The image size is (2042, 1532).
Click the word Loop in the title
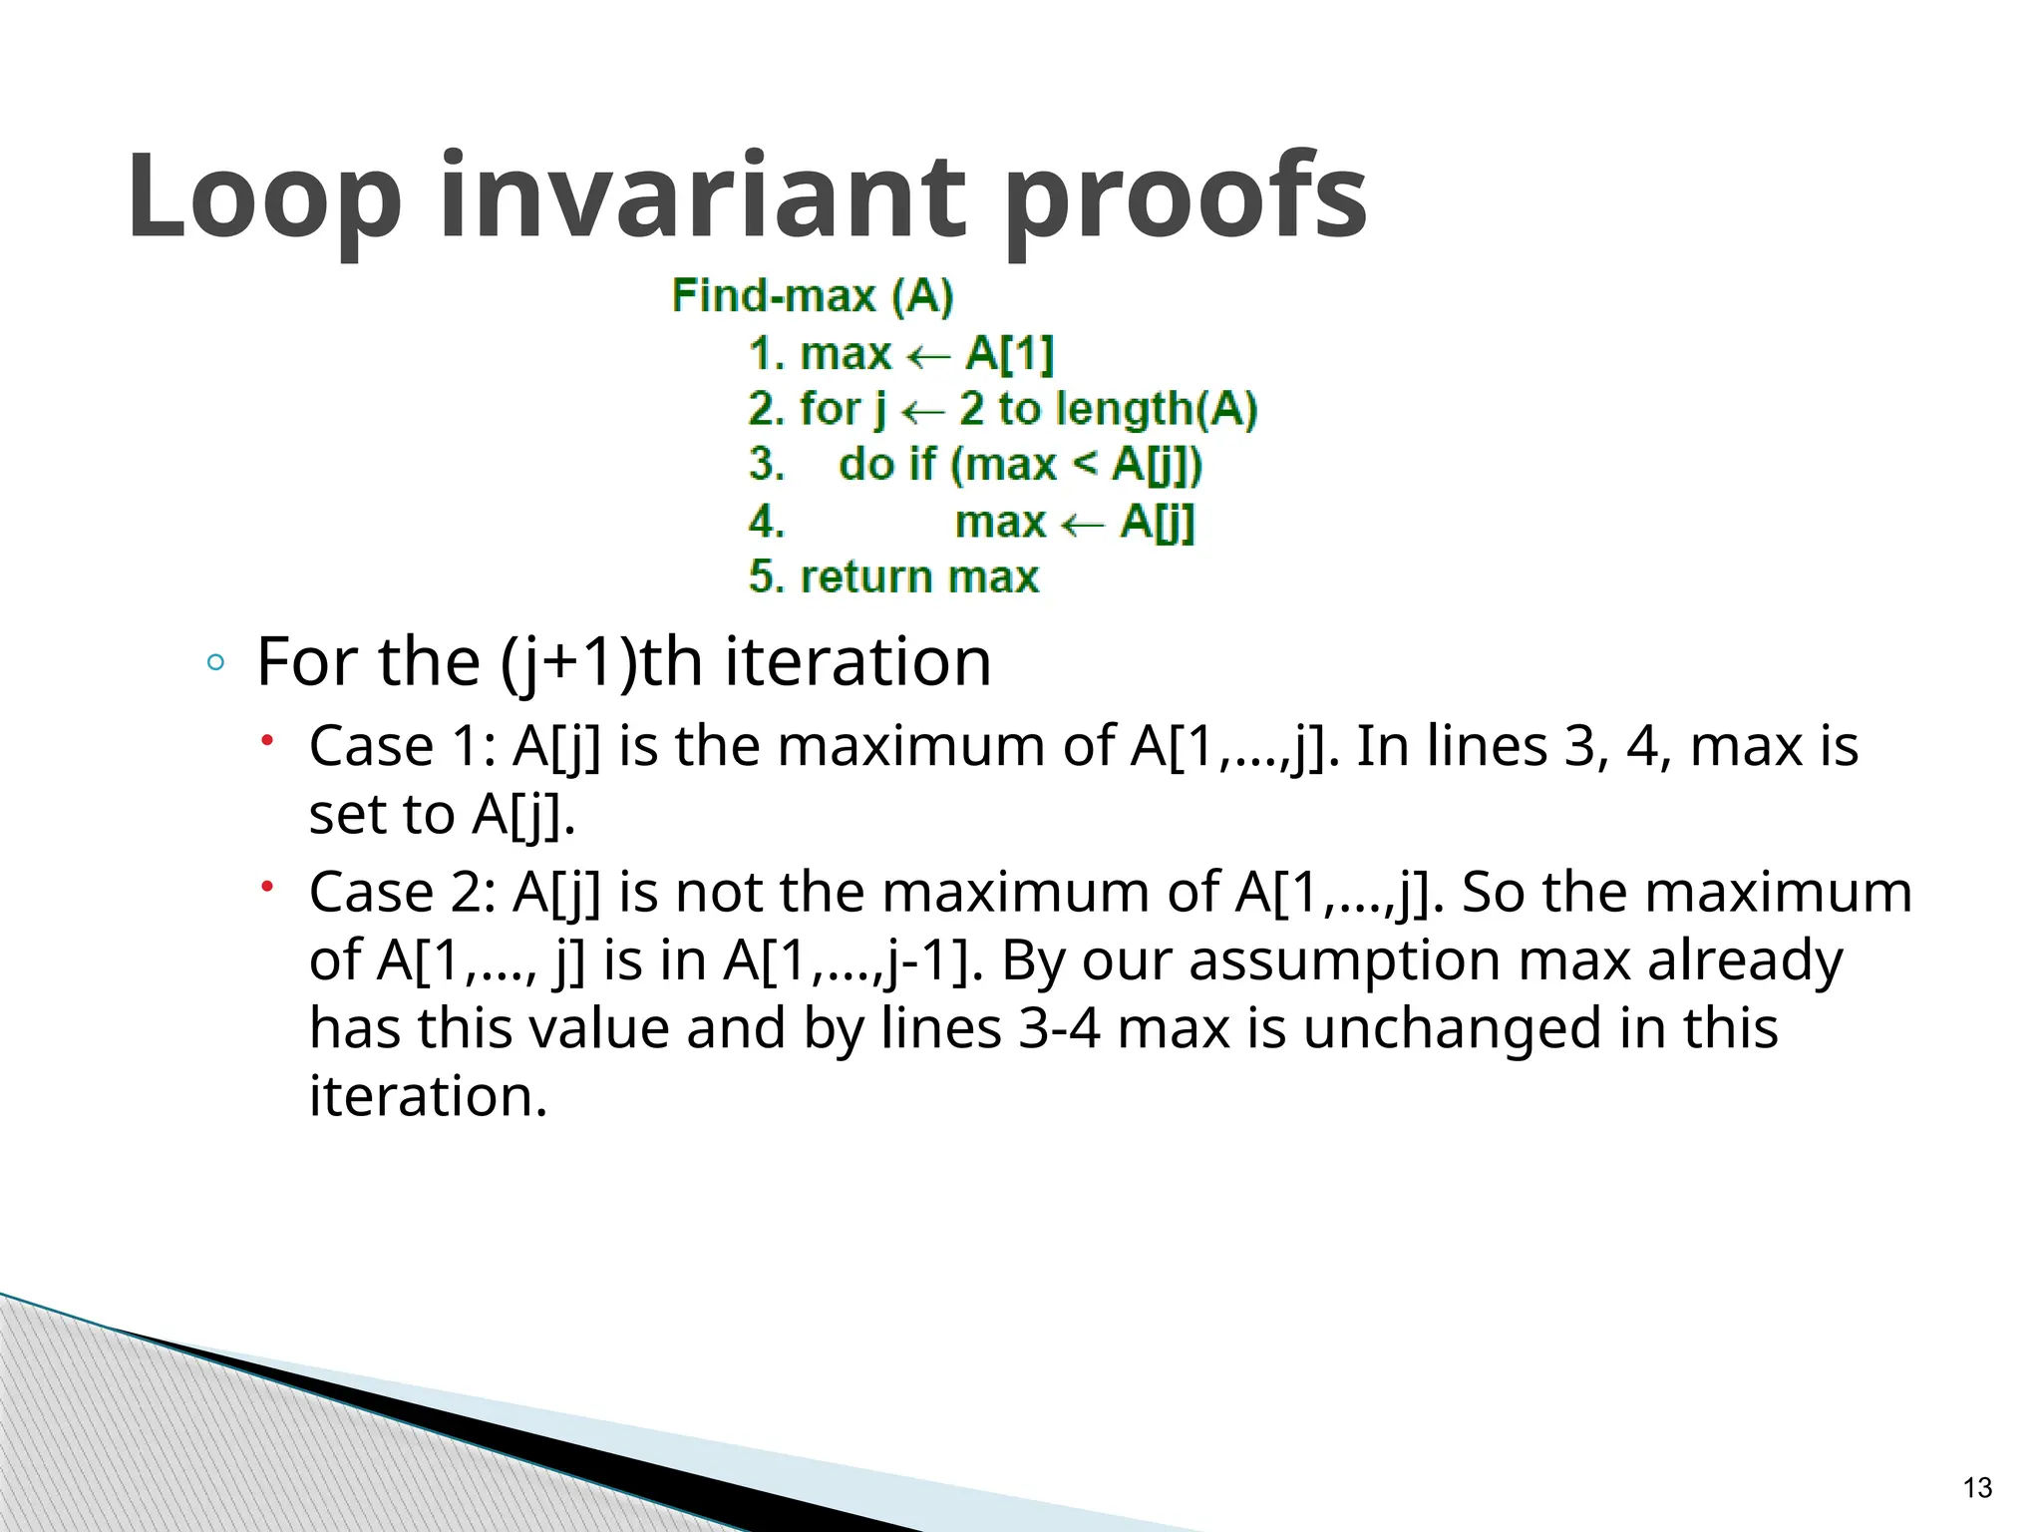(x=264, y=196)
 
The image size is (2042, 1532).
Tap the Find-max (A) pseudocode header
(x=813, y=296)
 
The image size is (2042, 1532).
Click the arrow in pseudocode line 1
(x=927, y=356)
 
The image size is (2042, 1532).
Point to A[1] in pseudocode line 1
(x=1009, y=354)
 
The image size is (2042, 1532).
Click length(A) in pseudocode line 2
(x=1157, y=409)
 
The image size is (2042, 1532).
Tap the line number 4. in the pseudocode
(x=766, y=522)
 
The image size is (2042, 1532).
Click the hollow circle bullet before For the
(x=215, y=663)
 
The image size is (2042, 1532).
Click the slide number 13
(x=1976, y=1488)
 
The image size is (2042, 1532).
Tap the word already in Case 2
(x=1745, y=960)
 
